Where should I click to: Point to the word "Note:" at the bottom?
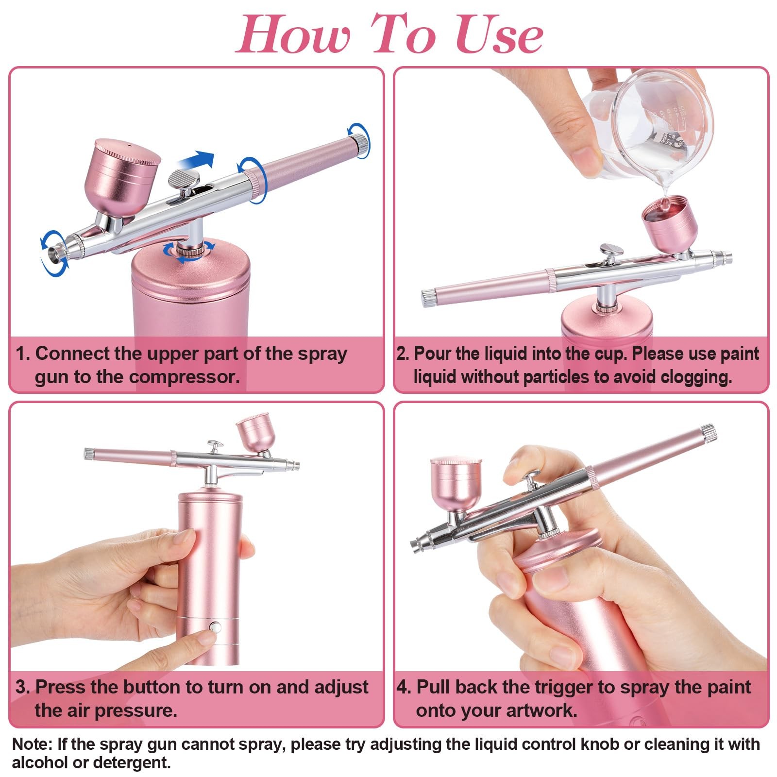[x=32, y=744]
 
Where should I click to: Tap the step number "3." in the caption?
[x=23, y=687]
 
